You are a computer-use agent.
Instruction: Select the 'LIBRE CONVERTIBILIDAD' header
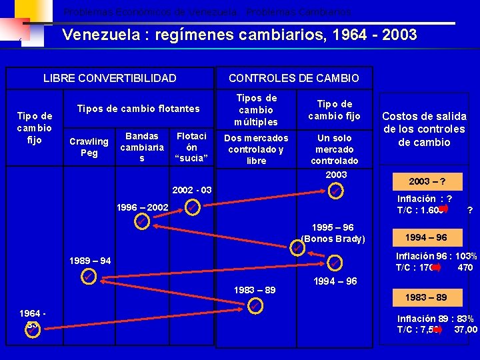[x=110, y=78]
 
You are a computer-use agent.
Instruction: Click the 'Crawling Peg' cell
[x=89, y=147]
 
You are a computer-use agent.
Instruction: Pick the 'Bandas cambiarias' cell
[x=141, y=147]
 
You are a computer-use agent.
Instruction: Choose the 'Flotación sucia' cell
[x=191, y=147]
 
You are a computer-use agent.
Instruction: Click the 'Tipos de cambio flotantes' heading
[x=138, y=109]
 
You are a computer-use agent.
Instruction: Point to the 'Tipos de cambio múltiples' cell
[x=256, y=109]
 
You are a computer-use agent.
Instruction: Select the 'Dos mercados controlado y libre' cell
[x=256, y=149]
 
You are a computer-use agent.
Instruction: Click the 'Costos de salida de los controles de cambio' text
[x=423, y=129]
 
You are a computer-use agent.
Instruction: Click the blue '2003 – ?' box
[x=428, y=181]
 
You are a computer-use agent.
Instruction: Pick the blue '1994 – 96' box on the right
[x=428, y=237]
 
